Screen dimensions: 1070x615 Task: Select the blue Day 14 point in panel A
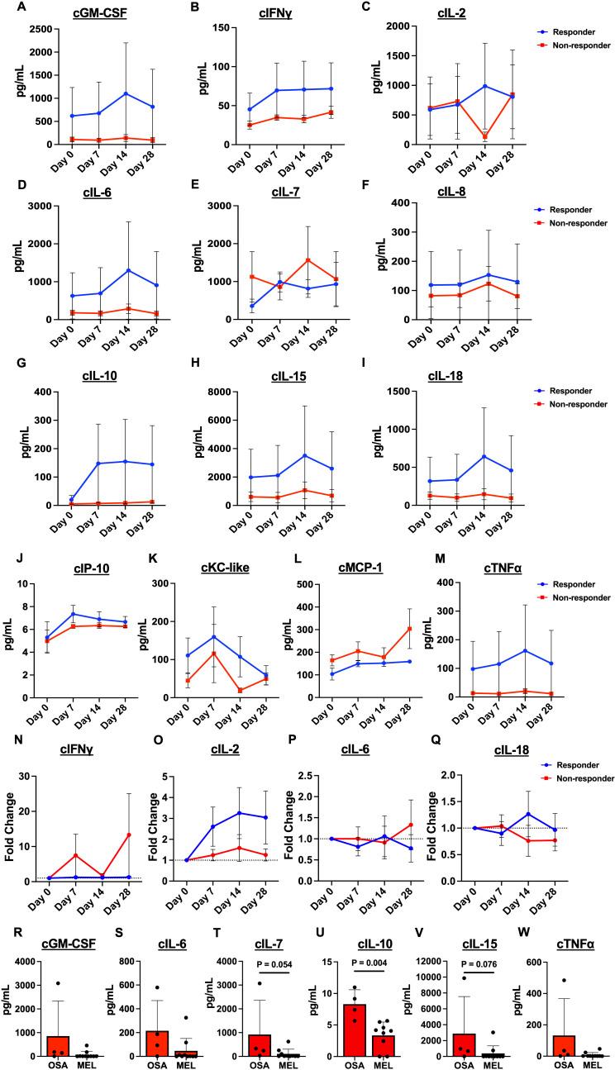(x=125, y=93)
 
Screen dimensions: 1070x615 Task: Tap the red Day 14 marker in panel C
(x=485, y=136)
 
